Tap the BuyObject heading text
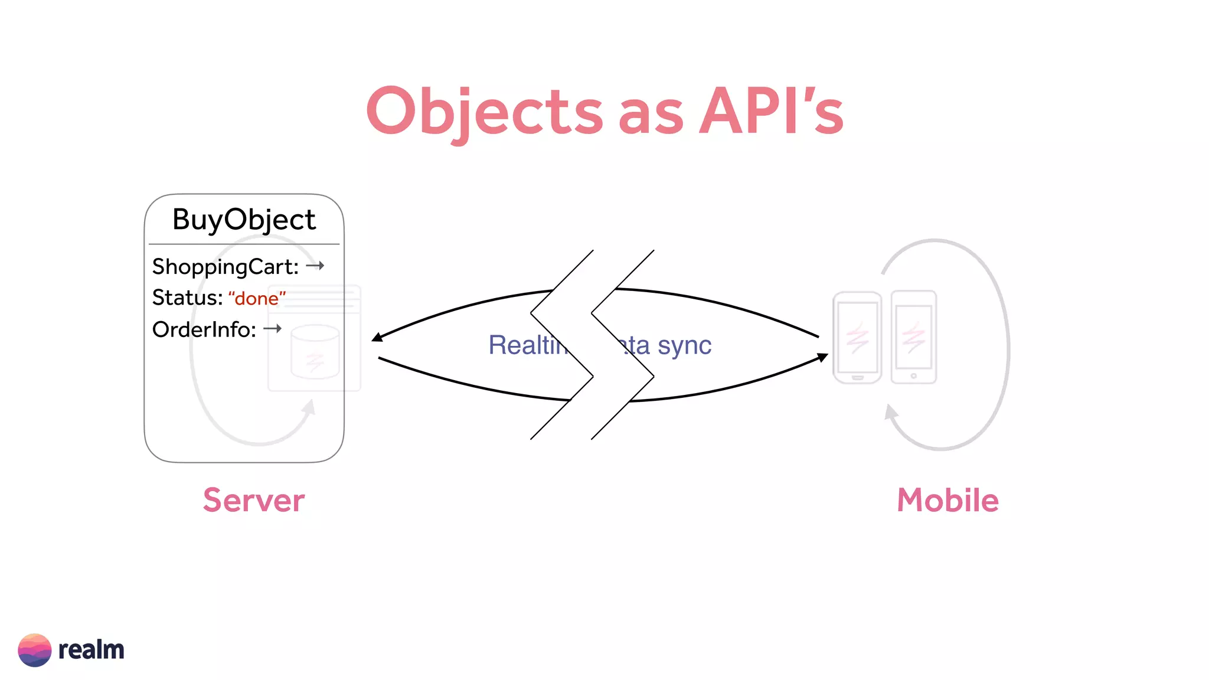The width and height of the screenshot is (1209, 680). pos(244,220)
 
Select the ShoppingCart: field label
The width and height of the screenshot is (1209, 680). pos(226,267)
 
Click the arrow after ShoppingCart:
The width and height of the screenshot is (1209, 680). pos(315,266)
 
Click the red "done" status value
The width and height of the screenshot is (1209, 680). pos(257,299)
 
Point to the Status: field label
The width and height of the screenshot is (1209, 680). pos(187,298)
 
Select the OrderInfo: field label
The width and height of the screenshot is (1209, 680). pos(204,329)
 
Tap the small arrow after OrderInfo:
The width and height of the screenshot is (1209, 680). pos(272,328)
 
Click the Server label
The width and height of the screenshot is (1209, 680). pos(254,501)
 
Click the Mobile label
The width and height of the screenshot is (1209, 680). pos(947,501)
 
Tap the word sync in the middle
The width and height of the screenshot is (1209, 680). pos(685,345)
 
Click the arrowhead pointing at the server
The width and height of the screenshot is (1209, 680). pos(377,338)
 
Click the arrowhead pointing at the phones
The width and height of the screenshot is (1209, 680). pos(822,357)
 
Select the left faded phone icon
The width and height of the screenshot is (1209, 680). pos(857,338)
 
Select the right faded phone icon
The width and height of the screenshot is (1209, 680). pos(913,338)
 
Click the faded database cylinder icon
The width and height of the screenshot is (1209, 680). pos(315,352)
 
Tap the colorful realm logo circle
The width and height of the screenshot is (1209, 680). pos(35,650)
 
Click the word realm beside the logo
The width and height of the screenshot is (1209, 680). pos(92,650)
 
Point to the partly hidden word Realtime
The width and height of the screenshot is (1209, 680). pos(527,345)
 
